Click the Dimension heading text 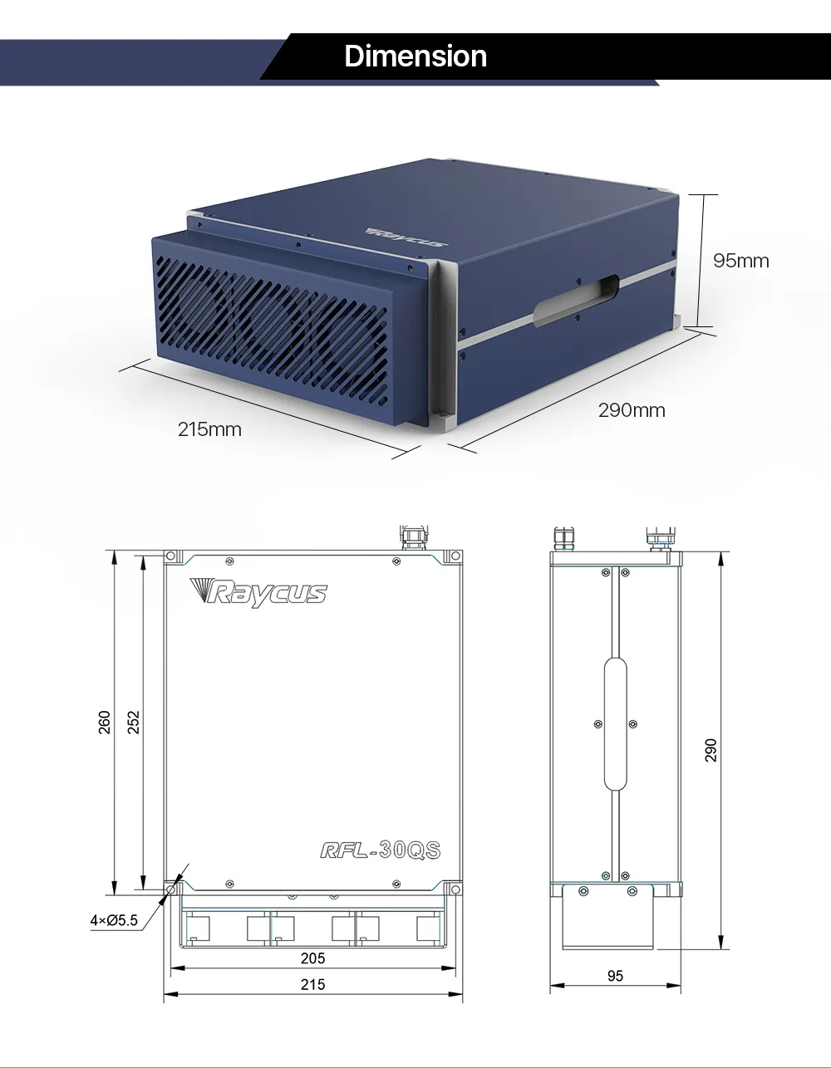pyautogui.click(x=415, y=56)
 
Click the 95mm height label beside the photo pyautogui.click(x=741, y=261)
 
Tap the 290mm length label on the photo pyautogui.click(x=632, y=410)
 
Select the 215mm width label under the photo pyautogui.click(x=209, y=429)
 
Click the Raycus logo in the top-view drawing pyautogui.click(x=258, y=592)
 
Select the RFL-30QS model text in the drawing pyautogui.click(x=380, y=850)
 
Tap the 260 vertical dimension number pyautogui.click(x=106, y=722)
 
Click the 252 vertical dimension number pyautogui.click(x=134, y=722)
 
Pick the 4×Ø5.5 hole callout pyautogui.click(x=114, y=920)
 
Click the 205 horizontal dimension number pyautogui.click(x=312, y=958)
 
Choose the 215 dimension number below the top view pyautogui.click(x=312, y=984)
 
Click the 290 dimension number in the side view pyautogui.click(x=711, y=750)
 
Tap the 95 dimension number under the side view pyautogui.click(x=615, y=977)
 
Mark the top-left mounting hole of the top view pyautogui.click(x=170, y=556)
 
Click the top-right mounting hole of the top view pyautogui.click(x=455, y=556)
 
